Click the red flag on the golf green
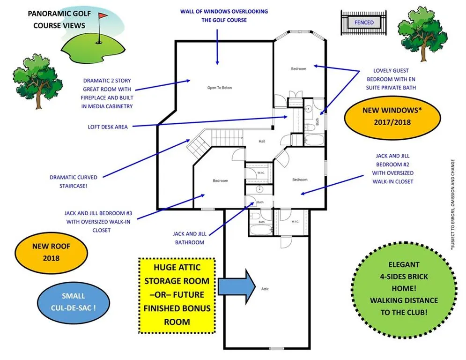click(x=103, y=15)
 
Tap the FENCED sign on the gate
click(x=364, y=22)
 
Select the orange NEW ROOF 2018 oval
click(x=51, y=253)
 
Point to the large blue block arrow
click(x=237, y=286)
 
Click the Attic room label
click(x=265, y=289)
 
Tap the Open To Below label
click(x=220, y=88)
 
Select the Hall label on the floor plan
click(x=262, y=141)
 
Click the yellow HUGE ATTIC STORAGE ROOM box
click(x=177, y=295)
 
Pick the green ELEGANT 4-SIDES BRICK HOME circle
click(x=404, y=290)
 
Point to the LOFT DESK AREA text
click(x=108, y=127)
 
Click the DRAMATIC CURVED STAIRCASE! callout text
click(x=74, y=181)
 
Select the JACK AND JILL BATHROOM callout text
click(x=190, y=238)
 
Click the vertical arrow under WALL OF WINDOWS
click(x=217, y=47)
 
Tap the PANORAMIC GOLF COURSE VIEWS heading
click(x=59, y=19)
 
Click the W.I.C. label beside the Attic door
click(x=295, y=221)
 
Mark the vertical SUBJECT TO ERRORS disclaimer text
click(x=452, y=204)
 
